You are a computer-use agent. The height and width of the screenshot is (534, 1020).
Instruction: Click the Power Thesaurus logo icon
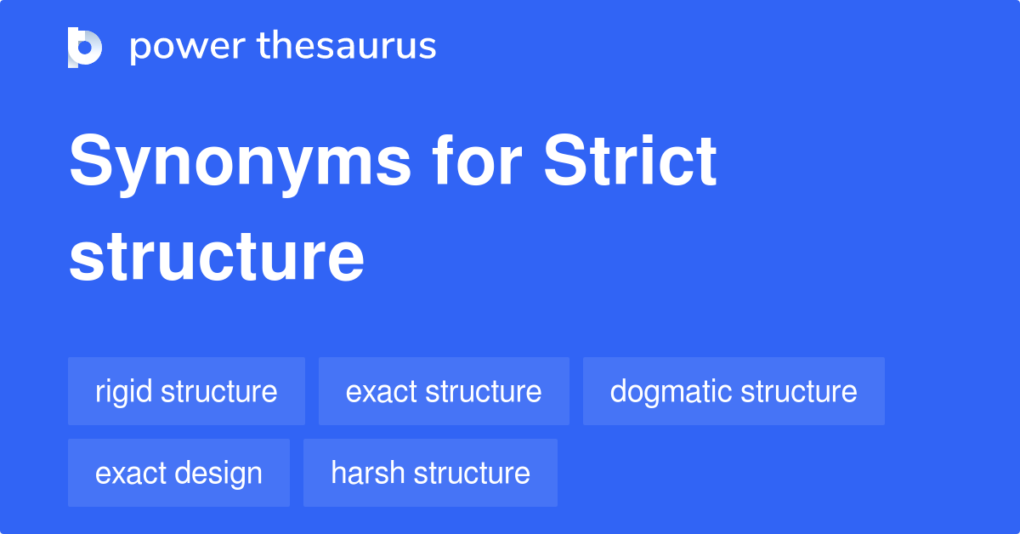tap(85, 47)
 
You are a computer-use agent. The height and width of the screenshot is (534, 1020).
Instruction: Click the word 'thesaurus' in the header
tap(347, 47)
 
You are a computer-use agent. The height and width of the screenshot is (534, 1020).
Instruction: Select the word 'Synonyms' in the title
tap(241, 163)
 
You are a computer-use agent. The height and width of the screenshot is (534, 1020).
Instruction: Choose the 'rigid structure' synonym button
tap(186, 391)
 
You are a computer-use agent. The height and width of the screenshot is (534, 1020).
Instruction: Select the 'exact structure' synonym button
tap(444, 391)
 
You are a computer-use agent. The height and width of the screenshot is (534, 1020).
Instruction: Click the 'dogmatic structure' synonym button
tap(734, 391)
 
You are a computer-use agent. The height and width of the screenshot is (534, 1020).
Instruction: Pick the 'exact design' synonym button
tap(178, 473)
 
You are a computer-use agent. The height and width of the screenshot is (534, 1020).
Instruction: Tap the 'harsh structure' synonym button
tap(430, 473)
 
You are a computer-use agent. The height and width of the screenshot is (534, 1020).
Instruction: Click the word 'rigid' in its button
tap(124, 392)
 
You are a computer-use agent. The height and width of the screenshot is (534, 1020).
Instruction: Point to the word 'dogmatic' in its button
tap(671, 392)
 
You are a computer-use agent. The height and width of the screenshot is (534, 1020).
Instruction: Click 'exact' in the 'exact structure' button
tap(382, 392)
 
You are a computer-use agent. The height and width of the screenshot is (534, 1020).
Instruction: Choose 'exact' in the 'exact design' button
tap(131, 474)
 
